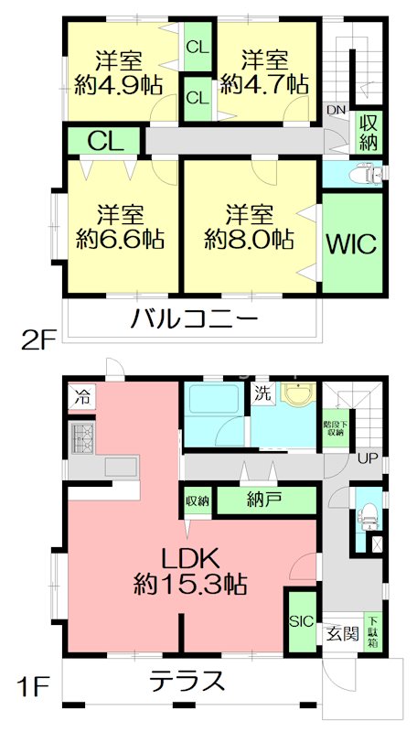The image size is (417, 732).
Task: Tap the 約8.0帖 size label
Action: click(249, 240)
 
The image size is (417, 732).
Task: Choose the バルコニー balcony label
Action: click(194, 319)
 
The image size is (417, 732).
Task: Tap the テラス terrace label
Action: click(187, 681)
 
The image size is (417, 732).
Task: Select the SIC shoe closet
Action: click(301, 621)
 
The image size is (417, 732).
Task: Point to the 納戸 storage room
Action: click(262, 501)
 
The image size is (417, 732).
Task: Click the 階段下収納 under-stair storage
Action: click(337, 430)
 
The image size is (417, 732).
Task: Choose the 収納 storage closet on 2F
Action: click(369, 134)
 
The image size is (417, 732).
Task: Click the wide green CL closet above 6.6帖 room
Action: click(104, 141)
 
